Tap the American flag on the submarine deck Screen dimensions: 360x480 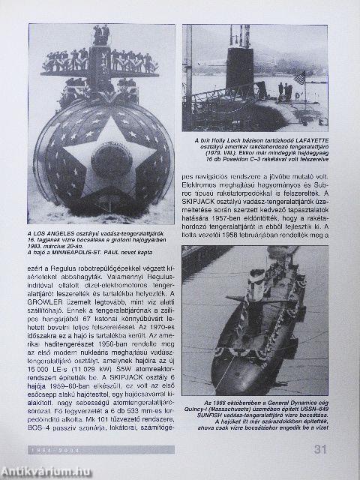[x=301, y=77]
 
